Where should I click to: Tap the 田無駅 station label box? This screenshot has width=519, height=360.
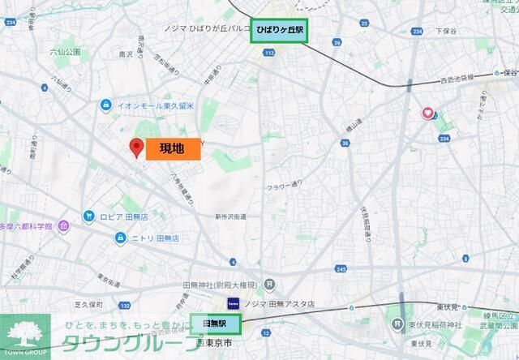216,323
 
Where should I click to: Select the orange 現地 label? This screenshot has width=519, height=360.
173,148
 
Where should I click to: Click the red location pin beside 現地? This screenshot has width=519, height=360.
137,147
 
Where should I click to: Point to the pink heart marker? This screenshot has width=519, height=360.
427,114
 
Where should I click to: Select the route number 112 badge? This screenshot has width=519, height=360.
268,53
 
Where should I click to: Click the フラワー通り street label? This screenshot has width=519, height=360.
288,184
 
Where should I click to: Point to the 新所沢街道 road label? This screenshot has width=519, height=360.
231,216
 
